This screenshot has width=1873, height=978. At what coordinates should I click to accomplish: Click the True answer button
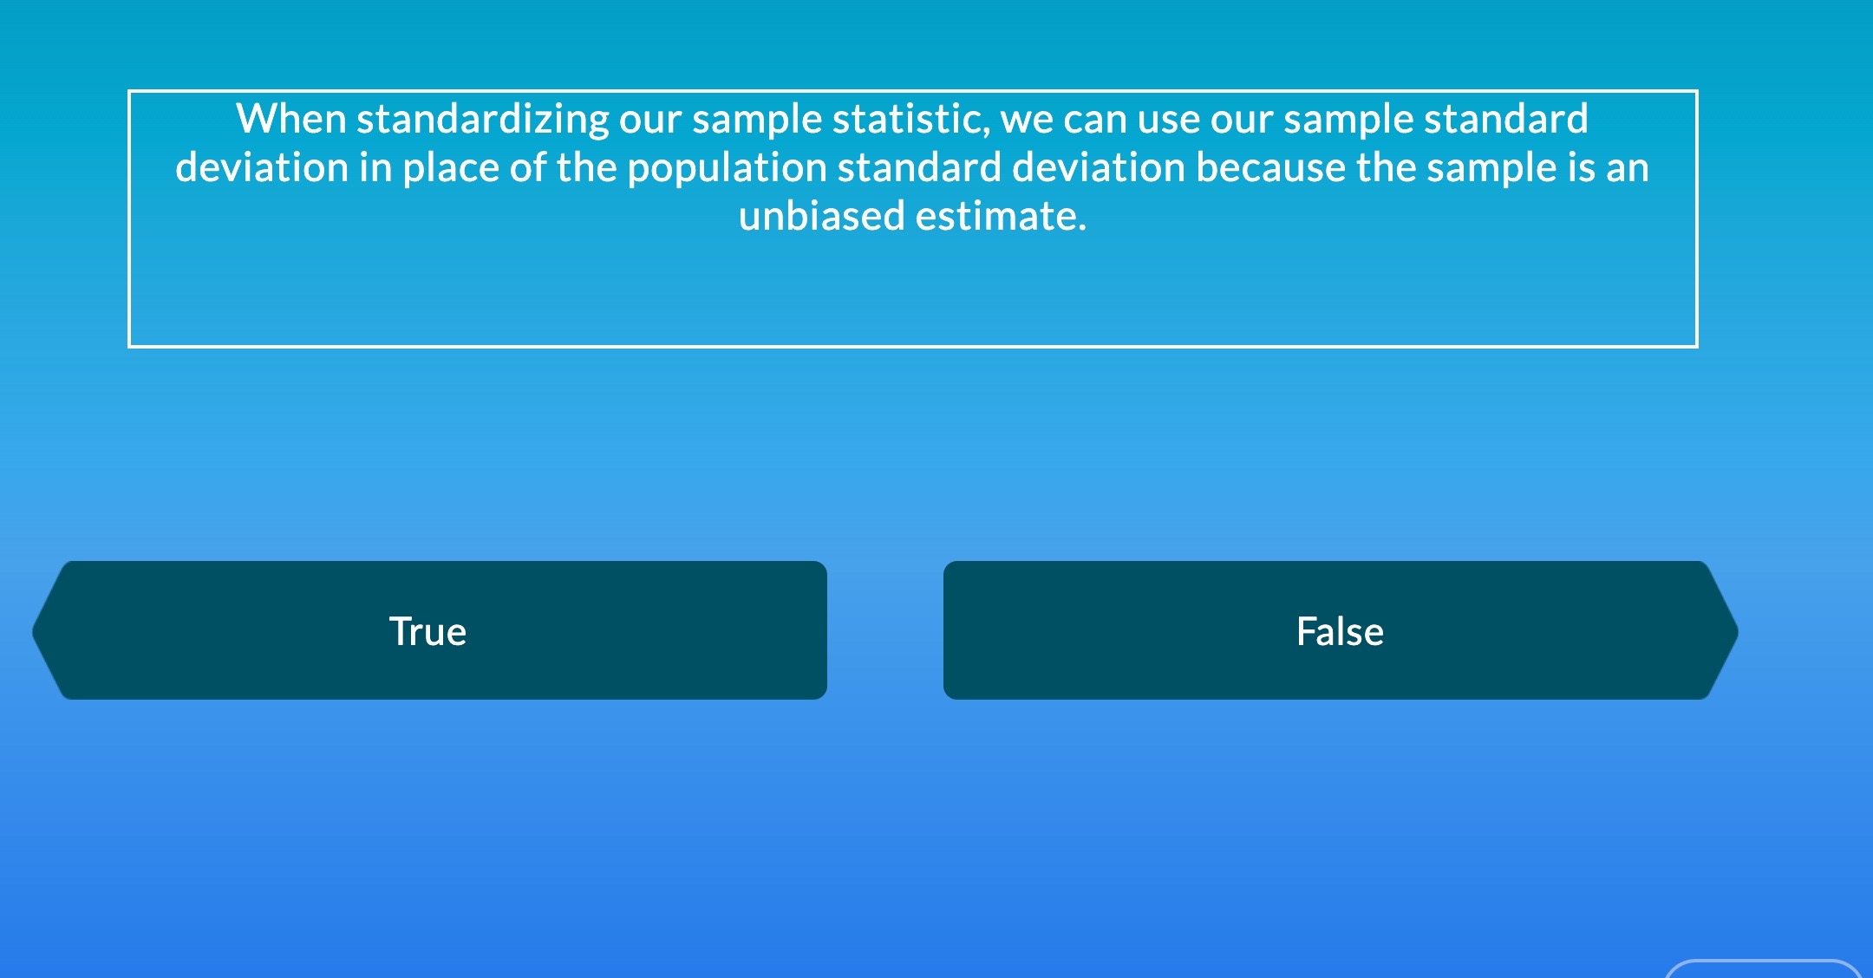click(429, 630)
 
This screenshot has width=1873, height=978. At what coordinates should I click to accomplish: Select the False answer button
click(1340, 630)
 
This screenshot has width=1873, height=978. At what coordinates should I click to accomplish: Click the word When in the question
click(290, 119)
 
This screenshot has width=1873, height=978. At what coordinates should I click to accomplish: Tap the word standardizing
click(483, 119)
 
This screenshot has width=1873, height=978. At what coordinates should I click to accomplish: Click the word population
click(727, 167)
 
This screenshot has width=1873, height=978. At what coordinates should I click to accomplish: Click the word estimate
click(1001, 216)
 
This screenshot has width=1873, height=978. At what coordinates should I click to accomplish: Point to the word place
click(450, 167)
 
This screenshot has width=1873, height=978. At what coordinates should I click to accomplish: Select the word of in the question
click(528, 167)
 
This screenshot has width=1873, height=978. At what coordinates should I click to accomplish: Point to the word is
click(1581, 167)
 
